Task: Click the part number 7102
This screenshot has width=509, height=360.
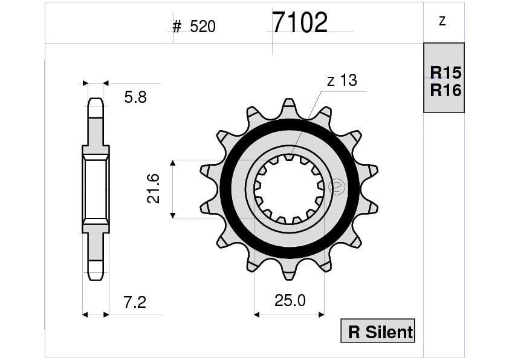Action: click(x=299, y=23)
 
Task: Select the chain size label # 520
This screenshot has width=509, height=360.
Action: click(x=193, y=27)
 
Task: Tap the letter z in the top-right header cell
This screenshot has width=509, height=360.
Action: click(x=443, y=21)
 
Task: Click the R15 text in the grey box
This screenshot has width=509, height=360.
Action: click(x=446, y=73)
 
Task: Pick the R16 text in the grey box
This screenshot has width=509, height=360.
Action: click(x=446, y=90)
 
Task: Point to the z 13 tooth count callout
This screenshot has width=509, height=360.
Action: click(x=342, y=80)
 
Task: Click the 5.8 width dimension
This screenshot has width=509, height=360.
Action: click(x=135, y=97)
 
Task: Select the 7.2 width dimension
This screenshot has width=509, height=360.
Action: click(x=134, y=302)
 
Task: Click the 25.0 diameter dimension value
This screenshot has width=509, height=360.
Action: click(x=290, y=301)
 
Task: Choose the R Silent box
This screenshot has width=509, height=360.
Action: click(x=378, y=331)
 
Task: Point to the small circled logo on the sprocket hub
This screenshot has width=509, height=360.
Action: click(x=337, y=187)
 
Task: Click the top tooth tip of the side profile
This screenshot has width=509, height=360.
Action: click(x=96, y=104)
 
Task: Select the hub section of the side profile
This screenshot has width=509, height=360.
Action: click(x=96, y=189)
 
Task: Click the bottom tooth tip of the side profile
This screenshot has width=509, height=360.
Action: click(x=96, y=273)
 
